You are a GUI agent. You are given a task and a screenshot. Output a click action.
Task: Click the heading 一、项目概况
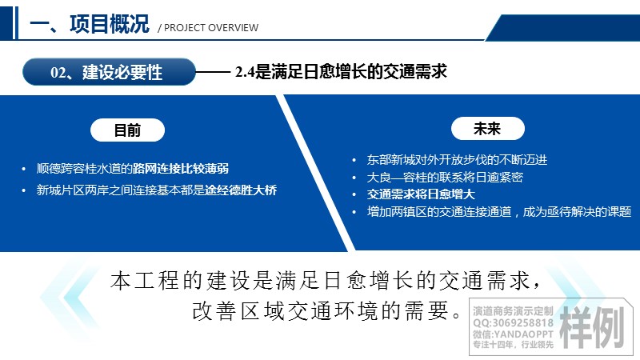click(90, 24)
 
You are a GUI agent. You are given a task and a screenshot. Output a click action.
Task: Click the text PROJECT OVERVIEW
click(211, 28)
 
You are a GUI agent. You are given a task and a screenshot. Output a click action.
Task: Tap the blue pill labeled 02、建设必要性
click(109, 72)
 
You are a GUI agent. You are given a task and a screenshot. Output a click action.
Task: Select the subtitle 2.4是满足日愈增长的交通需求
click(341, 71)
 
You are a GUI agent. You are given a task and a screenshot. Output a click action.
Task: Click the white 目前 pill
click(127, 130)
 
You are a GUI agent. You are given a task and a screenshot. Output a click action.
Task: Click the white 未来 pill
click(487, 129)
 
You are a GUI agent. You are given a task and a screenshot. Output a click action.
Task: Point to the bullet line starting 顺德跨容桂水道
click(132, 168)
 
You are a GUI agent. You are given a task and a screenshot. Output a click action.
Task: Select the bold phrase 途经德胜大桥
click(241, 190)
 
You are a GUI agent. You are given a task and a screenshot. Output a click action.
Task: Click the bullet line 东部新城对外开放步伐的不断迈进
click(457, 159)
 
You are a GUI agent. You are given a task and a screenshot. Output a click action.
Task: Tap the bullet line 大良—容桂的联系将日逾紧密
click(445, 177)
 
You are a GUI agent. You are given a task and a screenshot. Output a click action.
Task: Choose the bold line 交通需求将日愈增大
click(421, 194)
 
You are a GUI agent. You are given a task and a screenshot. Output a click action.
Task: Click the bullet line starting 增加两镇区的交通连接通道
click(498, 211)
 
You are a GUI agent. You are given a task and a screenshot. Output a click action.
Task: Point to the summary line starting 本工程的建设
click(326, 281)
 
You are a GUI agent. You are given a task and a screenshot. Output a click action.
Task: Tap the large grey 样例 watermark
click(592, 327)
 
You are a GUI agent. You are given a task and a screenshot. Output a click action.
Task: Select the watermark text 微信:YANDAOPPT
click(513, 334)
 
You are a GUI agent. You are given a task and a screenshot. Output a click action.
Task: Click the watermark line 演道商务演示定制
click(513, 311)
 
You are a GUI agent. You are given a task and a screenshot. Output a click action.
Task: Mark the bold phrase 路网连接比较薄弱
click(181, 168)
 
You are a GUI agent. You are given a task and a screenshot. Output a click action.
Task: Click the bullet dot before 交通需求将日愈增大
click(354, 194)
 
